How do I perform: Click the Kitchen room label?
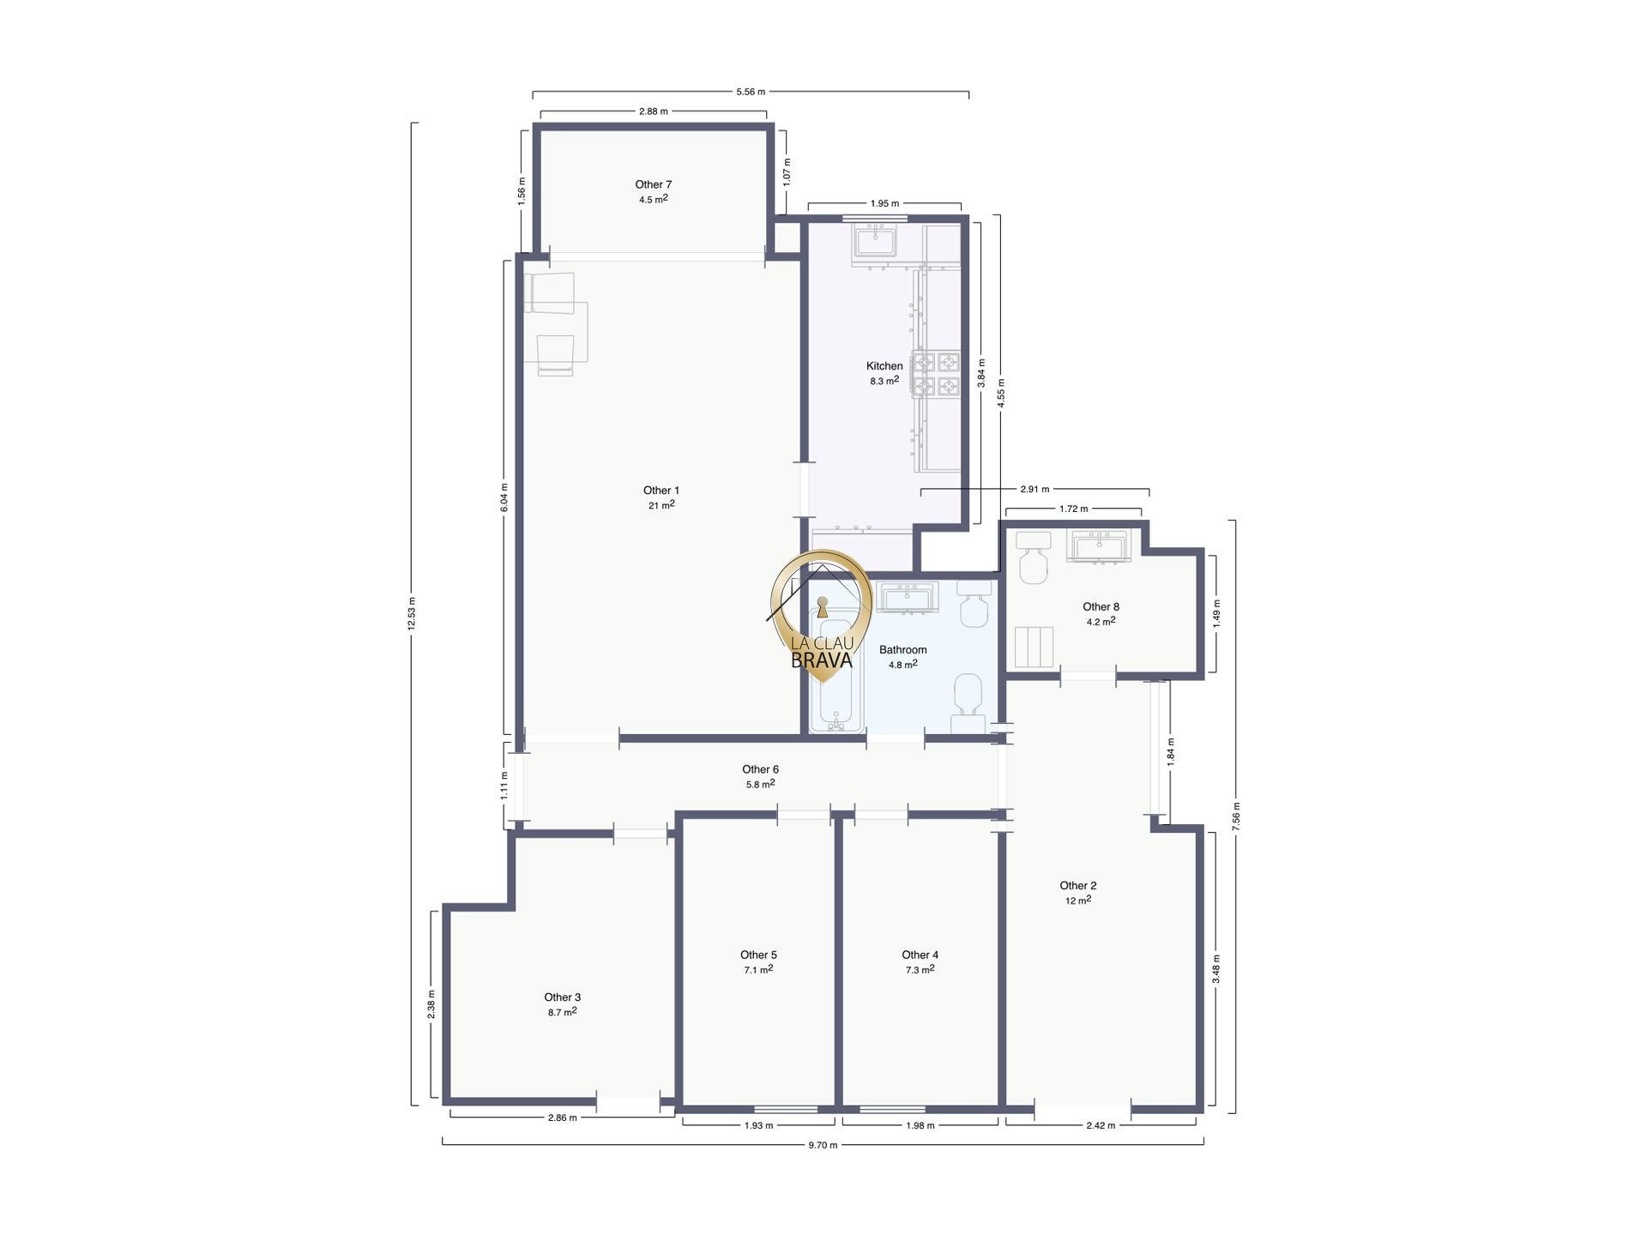click(884, 366)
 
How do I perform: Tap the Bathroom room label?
click(902, 650)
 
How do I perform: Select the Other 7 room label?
click(653, 184)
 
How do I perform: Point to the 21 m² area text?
click(661, 505)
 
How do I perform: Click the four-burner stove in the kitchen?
click(936, 375)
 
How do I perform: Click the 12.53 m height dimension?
click(412, 613)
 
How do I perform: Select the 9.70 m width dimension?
click(823, 1145)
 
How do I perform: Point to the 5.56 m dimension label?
click(751, 92)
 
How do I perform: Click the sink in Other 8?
click(1099, 546)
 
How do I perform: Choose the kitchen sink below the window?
click(875, 242)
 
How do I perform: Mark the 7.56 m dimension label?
click(1236, 816)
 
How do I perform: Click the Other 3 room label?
click(563, 997)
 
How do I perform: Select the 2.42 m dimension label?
click(1101, 1125)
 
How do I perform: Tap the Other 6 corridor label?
click(760, 769)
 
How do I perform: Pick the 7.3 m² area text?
click(920, 970)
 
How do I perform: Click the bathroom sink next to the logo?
click(907, 598)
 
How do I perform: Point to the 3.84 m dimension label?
click(981, 373)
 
